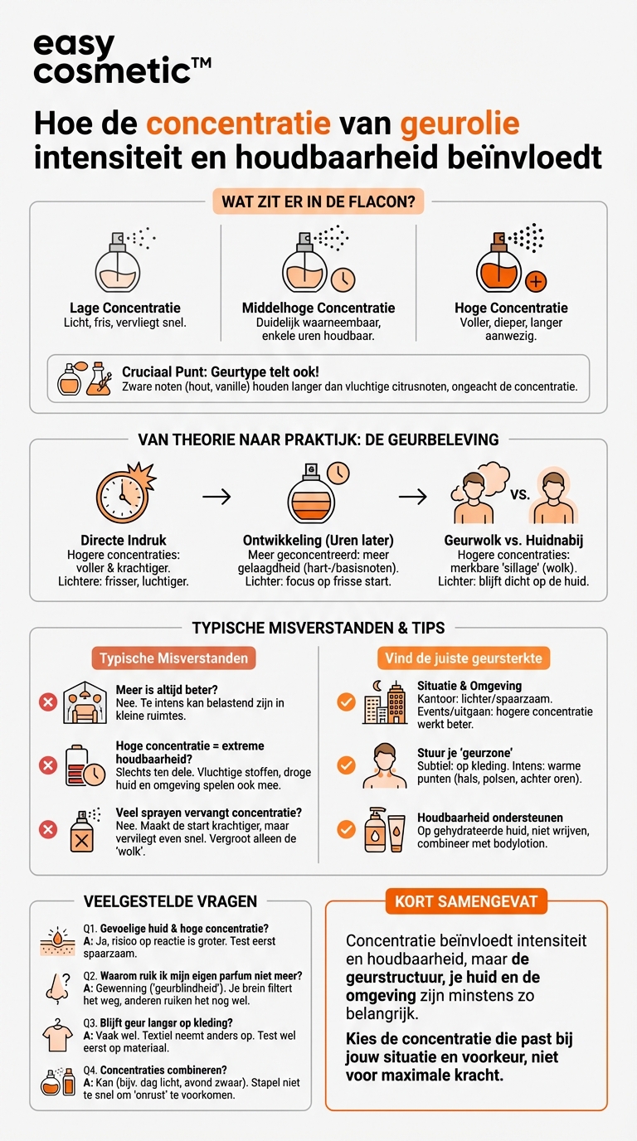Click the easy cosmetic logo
pyautogui.click(x=122, y=59)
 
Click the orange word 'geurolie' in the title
pyautogui.click(x=460, y=124)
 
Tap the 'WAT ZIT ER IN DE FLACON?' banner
pyautogui.click(x=318, y=201)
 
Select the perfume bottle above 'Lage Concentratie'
pyautogui.click(x=118, y=263)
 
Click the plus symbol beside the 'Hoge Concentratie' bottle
pyautogui.click(x=536, y=281)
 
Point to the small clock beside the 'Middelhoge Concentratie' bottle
pyautogui.click(x=343, y=279)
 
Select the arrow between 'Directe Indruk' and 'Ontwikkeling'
pyautogui.click(x=216, y=496)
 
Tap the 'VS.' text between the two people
pyautogui.click(x=520, y=494)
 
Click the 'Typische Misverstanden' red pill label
pyautogui.click(x=174, y=658)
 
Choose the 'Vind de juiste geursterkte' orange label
pyautogui.click(x=464, y=658)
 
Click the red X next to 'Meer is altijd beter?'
pyautogui.click(x=48, y=703)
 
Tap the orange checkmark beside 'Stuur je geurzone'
pyautogui.click(x=346, y=765)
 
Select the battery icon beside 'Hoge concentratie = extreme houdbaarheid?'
pyautogui.click(x=85, y=765)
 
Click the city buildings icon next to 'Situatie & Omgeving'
pyautogui.click(x=385, y=702)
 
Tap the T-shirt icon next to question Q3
pyautogui.click(x=57, y=1036)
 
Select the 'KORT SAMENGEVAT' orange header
pyautogui.click(x=466, y=901)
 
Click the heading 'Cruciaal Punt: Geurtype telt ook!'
pyautogui.click(x=221, y=371)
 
